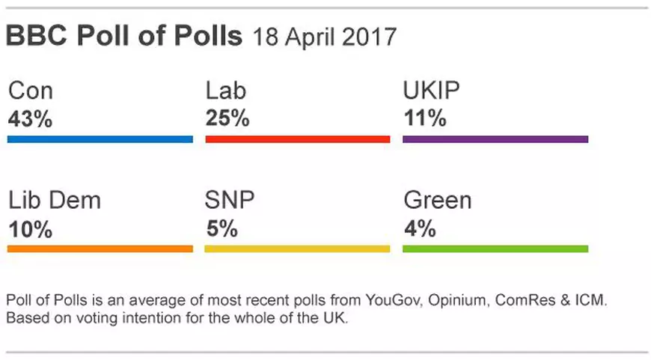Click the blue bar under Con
(x=100, y=139)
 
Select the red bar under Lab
(x=297, y=139)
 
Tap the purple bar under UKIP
(x=495, y=139)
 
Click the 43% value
(x=30, y=119)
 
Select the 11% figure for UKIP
(x=424, y=119)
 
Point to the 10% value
(x=30, y=229)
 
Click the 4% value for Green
(x=419, y=229)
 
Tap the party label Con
(x=30, y=92)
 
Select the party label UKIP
(x=431, y=92)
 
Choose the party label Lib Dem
(x=54, y=201)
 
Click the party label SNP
(x=230, y=201)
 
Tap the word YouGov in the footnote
(x=394, y=301)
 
